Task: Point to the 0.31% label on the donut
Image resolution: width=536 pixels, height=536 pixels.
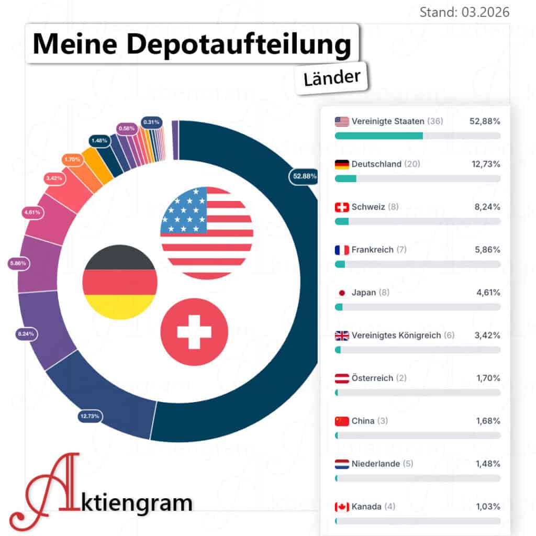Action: point(151,122)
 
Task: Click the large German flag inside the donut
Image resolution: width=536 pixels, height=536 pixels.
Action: point(120,283)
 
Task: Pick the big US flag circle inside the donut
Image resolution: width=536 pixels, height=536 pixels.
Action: point(207,232)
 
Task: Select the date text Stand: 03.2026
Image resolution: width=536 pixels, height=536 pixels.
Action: point(464,12)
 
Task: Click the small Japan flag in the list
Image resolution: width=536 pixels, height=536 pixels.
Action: point(341,293)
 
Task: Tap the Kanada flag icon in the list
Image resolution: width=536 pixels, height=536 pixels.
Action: point(341,507)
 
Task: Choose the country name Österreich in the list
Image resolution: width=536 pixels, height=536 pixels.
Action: point(372,378)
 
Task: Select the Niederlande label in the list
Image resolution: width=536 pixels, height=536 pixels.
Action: point(375,464)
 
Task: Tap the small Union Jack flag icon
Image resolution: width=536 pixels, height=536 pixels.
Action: point(341,336)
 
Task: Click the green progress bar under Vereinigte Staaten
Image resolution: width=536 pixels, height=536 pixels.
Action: point(378,136)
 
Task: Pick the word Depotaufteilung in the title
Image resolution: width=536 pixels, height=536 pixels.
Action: point(238,46)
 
